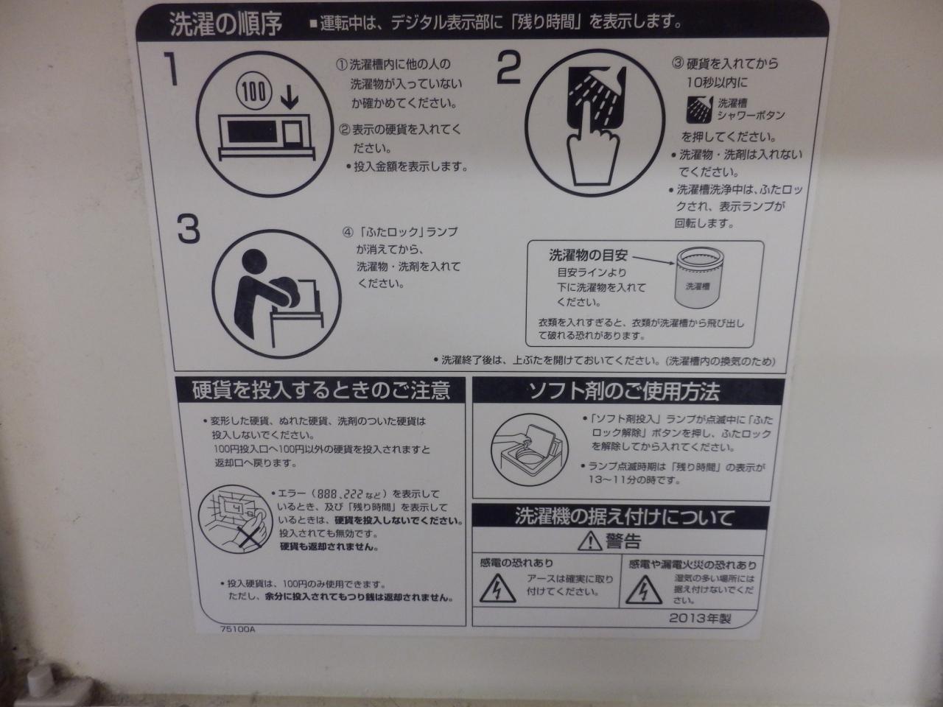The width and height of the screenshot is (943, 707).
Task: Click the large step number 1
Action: coord(172,69)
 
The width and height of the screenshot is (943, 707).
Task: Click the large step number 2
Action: coord(508,68)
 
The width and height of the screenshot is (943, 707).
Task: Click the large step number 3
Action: coord(189,229)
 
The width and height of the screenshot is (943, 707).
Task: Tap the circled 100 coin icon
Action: coord(254,91)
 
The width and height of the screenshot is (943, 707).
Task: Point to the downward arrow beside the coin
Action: coord(289,97)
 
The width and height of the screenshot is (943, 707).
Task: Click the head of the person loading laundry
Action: coord(253,261)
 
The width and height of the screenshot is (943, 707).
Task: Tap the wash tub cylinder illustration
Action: coord(698,278)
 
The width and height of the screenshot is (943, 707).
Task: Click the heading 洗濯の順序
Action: coord(226,23)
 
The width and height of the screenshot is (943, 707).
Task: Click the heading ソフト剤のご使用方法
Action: coord(624,390)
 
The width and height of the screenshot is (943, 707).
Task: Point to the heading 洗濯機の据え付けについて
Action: coord(624,517)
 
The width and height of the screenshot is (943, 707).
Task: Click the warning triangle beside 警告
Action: coord(590,541)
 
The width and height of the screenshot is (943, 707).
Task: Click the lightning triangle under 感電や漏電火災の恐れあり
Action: coord(644,589)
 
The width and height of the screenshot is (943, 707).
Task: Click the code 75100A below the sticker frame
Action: coord(237,629)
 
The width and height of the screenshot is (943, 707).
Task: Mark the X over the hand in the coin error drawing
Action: coord(251,538)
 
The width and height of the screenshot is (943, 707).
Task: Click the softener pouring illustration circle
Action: coord(530,450)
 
